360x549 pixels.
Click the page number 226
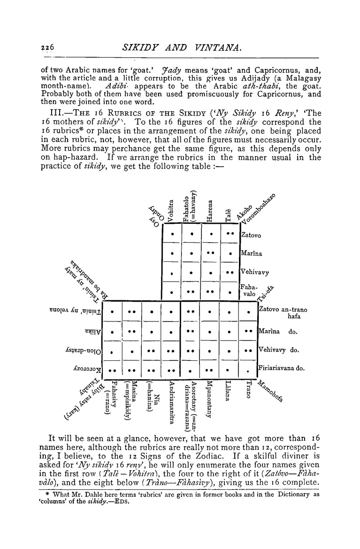[x=47, y=47]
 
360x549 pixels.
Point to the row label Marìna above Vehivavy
[x=251, y=253]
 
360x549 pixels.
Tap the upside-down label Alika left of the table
[x=92, y=331]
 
